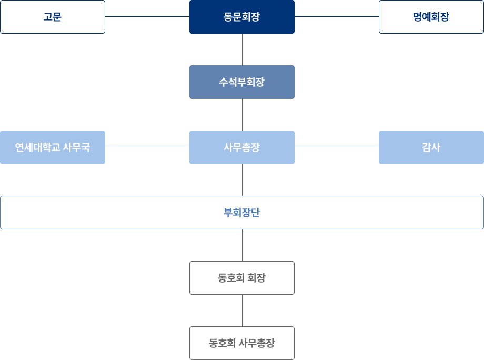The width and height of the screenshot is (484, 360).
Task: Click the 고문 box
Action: [53, 17]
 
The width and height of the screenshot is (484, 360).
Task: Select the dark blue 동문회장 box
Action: [242, 17]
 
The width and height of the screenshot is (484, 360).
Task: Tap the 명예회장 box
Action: [431, 17]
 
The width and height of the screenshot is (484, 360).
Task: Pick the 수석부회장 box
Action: [242, 82]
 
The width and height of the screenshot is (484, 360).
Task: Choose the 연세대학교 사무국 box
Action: [53, 147]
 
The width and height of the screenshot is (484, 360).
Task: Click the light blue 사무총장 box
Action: [242, 147]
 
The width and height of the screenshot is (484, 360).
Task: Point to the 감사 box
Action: [431, 147]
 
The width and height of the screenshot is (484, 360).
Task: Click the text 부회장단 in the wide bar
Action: [242, 213]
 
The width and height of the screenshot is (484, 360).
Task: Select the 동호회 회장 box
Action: [242, 278]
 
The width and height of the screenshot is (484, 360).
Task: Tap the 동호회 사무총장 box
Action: [242, 343]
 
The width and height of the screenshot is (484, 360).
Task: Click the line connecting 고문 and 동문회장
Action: [147, 17]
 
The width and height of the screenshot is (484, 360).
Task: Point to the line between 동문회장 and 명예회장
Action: [337, 17]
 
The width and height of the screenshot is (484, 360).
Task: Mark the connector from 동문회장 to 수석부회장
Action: [242, 49]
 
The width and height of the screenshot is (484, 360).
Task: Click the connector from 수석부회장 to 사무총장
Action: [242, 115]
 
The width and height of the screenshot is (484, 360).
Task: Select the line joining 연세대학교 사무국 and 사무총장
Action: [147, 147]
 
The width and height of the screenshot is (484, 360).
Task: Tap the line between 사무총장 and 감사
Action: [337, 147]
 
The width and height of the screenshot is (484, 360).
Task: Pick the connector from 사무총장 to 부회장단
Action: [242, 180]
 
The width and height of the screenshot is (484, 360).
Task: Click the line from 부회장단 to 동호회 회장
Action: [242, 245]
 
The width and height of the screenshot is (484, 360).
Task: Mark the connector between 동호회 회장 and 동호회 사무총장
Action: [242, 311]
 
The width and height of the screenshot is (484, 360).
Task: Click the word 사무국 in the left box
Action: [76, 147]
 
